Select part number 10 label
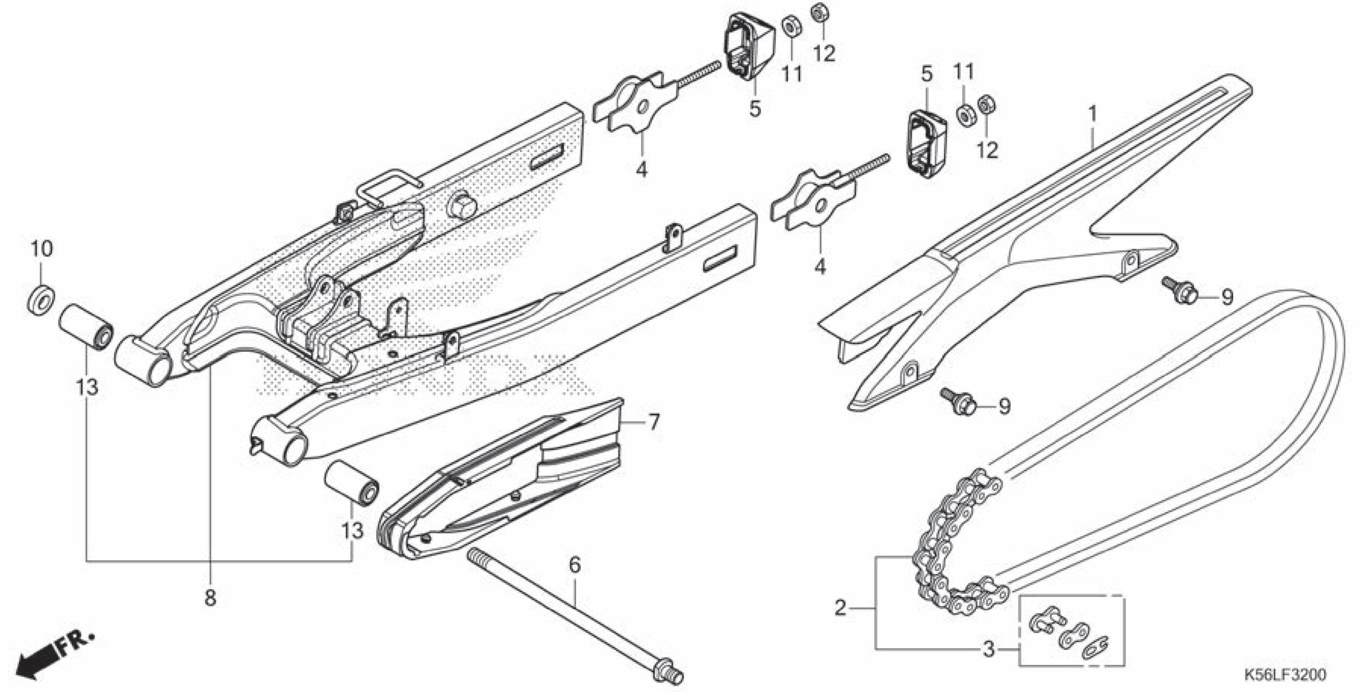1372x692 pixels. coord(41,249)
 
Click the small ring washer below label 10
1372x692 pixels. coord(41,299)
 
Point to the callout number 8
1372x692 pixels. coord(210,597)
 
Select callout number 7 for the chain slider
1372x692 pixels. coord(654,422)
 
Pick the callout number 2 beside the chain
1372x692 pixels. coord(840,608)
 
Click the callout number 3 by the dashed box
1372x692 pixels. coord(988,649)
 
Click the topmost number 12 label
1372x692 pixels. coord(824,53)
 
